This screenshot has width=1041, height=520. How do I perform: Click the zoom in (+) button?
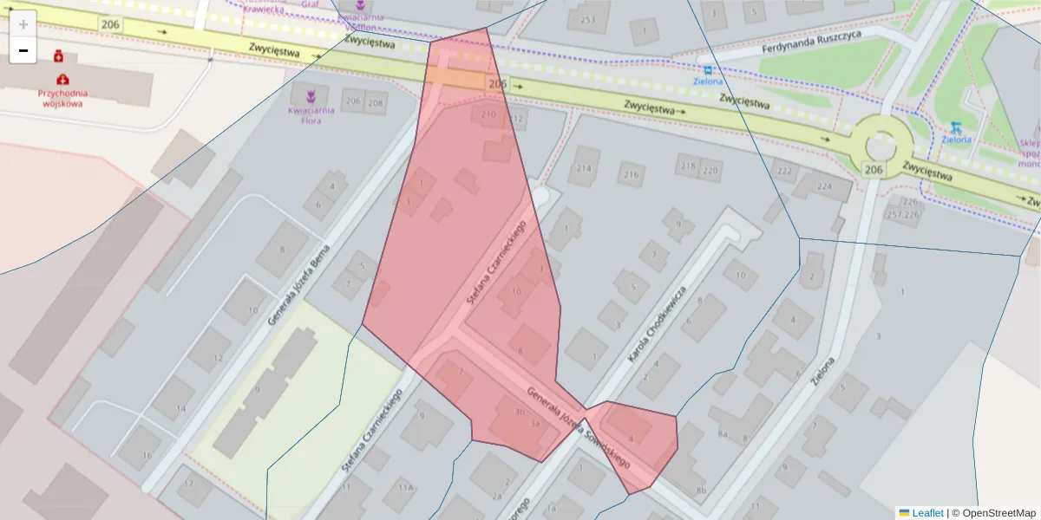click(x=23, y=23)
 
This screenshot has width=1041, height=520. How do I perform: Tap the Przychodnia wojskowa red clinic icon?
click(x=62, y=79)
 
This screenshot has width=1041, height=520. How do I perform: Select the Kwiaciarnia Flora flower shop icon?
click(x=311, y=93)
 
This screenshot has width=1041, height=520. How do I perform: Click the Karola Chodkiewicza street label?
click(x=661, y=322)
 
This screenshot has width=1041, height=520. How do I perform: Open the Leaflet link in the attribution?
click(x=920, y=513)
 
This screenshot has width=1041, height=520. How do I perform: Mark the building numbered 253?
click(x=588, y=20)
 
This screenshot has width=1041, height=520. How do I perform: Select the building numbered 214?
click(x=585, y=169)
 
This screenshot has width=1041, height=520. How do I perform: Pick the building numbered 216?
click(x=630, y=175)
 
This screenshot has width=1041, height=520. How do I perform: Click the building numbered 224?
click(x=822, y=185)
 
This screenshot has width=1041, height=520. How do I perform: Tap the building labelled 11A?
click(x=405, y=488)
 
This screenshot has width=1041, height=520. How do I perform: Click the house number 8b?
click(x=701, y=491)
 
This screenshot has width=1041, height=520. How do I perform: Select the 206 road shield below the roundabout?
click(x=874, y=171)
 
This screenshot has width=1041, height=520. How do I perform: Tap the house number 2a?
click(x=496, y=496)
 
